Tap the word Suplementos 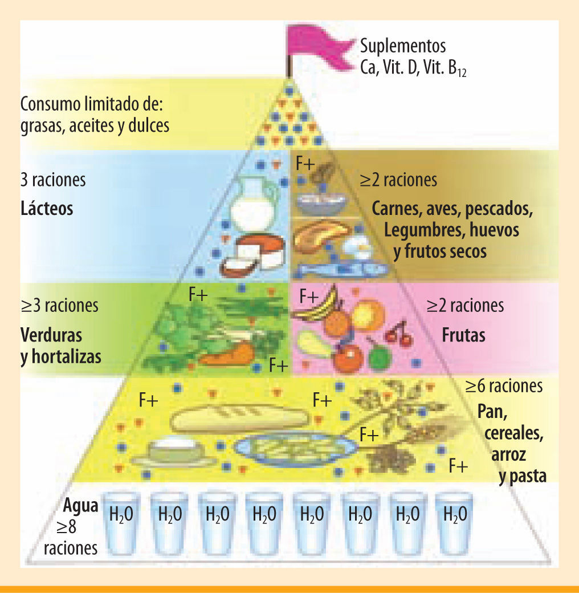click(402, 46)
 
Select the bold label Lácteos click(47, 209)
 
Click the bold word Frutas click(463, 335)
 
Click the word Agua click(81, 506)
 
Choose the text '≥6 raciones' click(504, 386)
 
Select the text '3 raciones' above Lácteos click(52, 180)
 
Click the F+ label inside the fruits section click(309, 296)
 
